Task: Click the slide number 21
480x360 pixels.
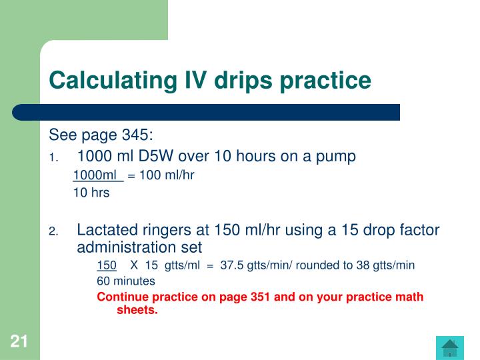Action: click(x=19, y=342)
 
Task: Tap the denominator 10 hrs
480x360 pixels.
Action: click(x=91, y=193)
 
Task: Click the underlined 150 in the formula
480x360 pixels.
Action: click(x=107, y=265)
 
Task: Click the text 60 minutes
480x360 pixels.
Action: click(x=126, y=281)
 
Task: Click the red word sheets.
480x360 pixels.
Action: click(x=137, y=309)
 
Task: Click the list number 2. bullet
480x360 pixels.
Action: click(x=54, y=232)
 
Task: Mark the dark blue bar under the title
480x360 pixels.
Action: click(x=207, y=112)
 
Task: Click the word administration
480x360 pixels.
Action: click(x=124, y=247)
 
